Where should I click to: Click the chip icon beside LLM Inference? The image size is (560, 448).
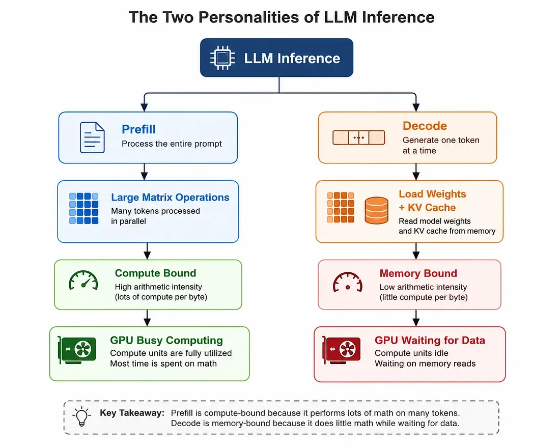coord(222,58)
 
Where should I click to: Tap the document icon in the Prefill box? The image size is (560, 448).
coord(92,137)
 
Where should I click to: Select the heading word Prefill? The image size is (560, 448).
coord(138,129)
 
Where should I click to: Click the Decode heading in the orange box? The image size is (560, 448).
coord(425,126)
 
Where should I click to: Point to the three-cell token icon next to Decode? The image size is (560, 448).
coord(358,137)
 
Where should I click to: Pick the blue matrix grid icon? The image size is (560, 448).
coord(83,208)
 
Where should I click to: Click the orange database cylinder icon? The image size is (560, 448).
coord(376,211)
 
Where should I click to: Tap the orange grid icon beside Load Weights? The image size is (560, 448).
coord(341,207)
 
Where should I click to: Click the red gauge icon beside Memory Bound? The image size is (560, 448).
coord(348,283)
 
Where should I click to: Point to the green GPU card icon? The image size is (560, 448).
coord(77,350)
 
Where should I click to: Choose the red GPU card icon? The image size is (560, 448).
coord(342,350)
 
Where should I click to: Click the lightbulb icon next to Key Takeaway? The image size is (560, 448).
coord(82,416)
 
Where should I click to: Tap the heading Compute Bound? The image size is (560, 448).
coord(155,273)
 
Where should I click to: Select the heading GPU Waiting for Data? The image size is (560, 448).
coord(430,340)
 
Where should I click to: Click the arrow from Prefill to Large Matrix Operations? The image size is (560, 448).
coord(144,172)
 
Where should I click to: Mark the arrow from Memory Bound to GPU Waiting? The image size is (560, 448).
coord(416,318)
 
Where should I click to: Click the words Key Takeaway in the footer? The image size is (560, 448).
coord(132,413)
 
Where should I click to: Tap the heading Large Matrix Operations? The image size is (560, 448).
coord(170,197)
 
